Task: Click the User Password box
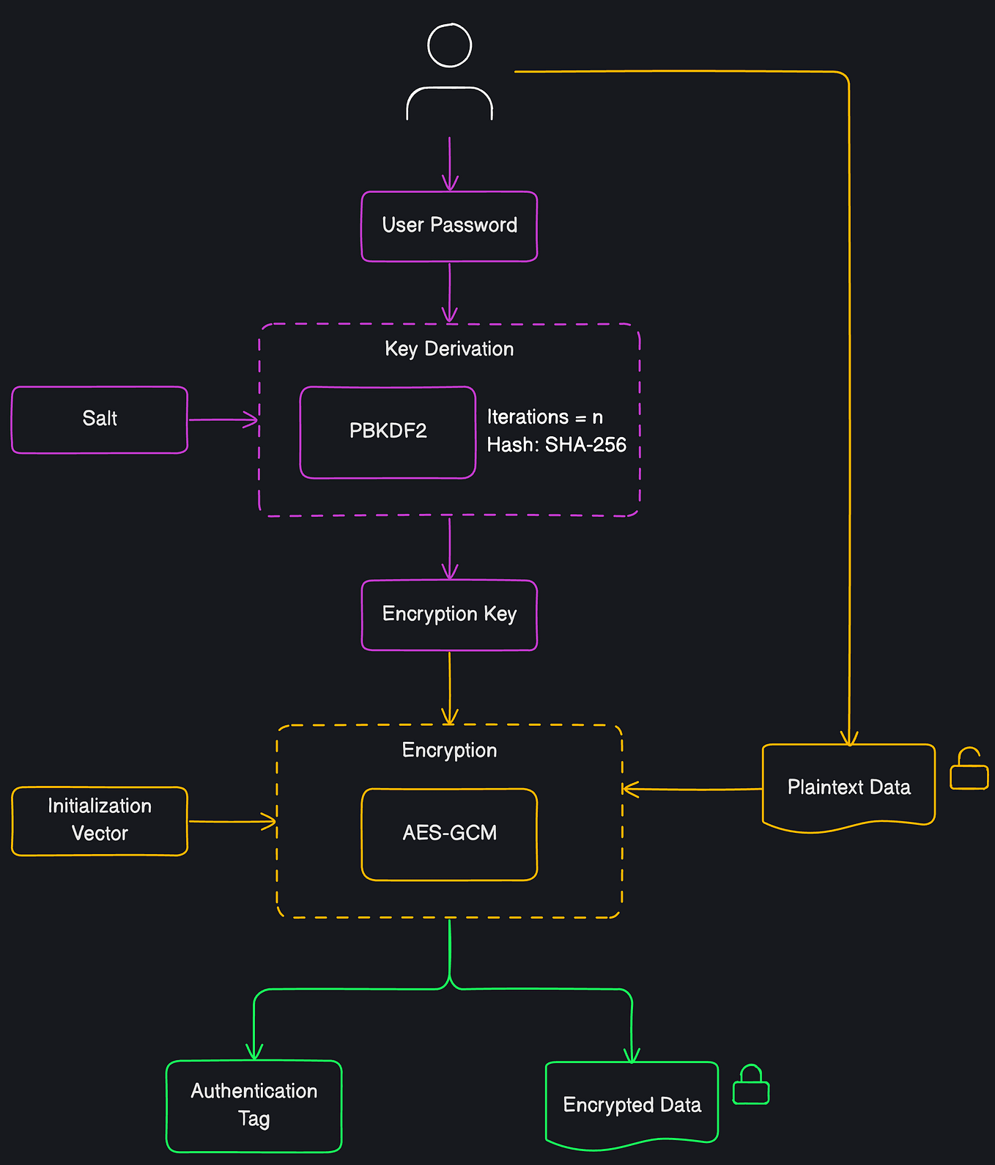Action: (449, 226)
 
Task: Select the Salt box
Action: (100, 419)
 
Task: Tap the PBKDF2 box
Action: (388, 432)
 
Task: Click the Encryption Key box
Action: (449, 614)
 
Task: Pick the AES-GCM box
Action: (449, 834)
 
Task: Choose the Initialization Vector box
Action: (100, 820)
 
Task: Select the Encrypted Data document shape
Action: (632, 1104)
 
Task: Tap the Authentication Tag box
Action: (254, 1105)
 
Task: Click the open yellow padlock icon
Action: (969, 770)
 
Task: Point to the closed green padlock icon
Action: (751, 1087)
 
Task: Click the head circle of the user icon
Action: (449, 45)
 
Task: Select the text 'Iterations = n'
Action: (544, 417)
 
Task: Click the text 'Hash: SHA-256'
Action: (556, 445)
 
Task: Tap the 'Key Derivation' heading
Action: (449, 349)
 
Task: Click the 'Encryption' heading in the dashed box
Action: (449, 751)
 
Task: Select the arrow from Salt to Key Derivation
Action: (223, 419)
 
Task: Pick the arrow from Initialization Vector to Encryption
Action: (232, 822)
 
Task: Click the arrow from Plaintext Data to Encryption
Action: (692, 789)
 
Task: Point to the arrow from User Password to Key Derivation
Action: (449, 292)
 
